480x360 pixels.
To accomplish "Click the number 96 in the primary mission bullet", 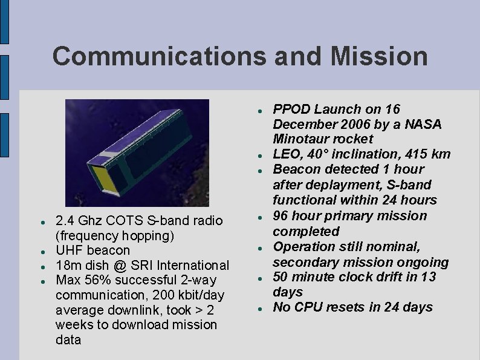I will (281, 216).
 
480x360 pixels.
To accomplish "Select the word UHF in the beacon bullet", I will (69, 250).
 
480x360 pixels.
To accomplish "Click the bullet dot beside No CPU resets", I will (259, 309).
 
